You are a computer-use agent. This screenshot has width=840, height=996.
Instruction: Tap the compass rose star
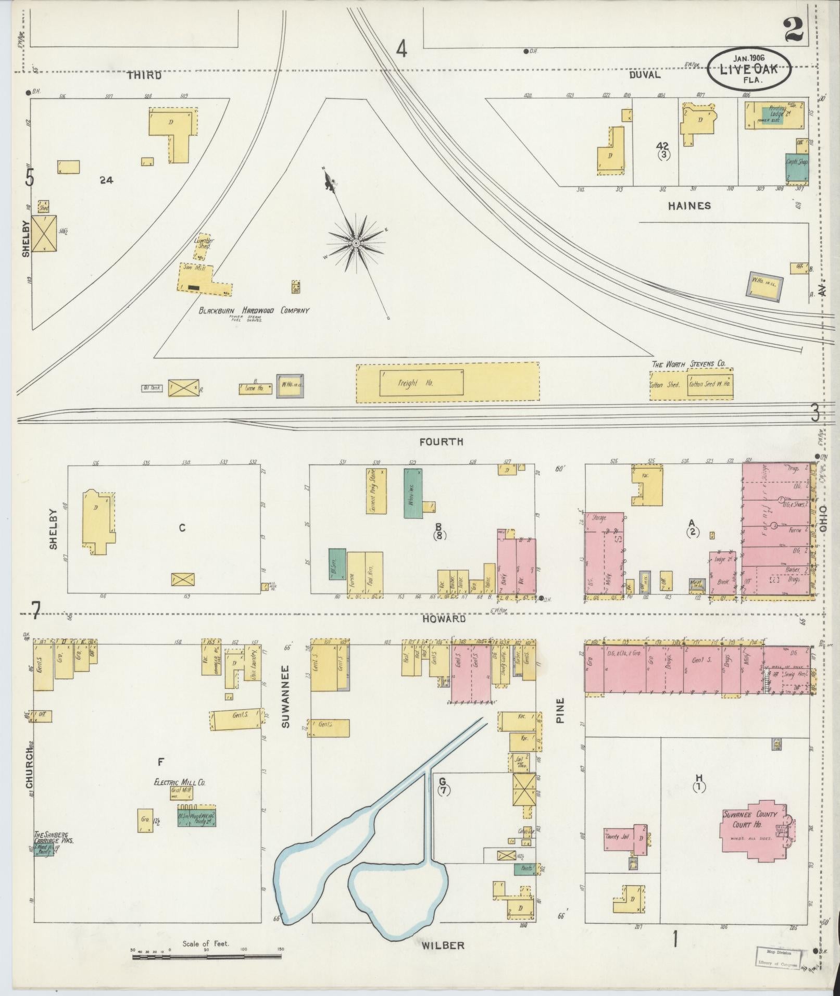(x=356, y=243)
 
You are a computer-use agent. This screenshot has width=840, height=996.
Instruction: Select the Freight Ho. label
(x=408, y=383)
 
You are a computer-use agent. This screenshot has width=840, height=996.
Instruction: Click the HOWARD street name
(x=444, y=619)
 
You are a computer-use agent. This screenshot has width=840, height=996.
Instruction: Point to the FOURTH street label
(x=441, y=442)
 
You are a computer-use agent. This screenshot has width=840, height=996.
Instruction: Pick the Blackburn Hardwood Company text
(x=253, y=310)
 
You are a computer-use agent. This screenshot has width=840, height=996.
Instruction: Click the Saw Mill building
(x=203, y=279)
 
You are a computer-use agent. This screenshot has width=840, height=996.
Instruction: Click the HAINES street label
(x=689, y=206)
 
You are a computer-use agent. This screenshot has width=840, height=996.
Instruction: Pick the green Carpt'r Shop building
(x=797, y=168)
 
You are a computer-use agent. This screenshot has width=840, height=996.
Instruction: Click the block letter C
(x=182, y=528)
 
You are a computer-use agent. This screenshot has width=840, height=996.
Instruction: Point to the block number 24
(x=107, y=180)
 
